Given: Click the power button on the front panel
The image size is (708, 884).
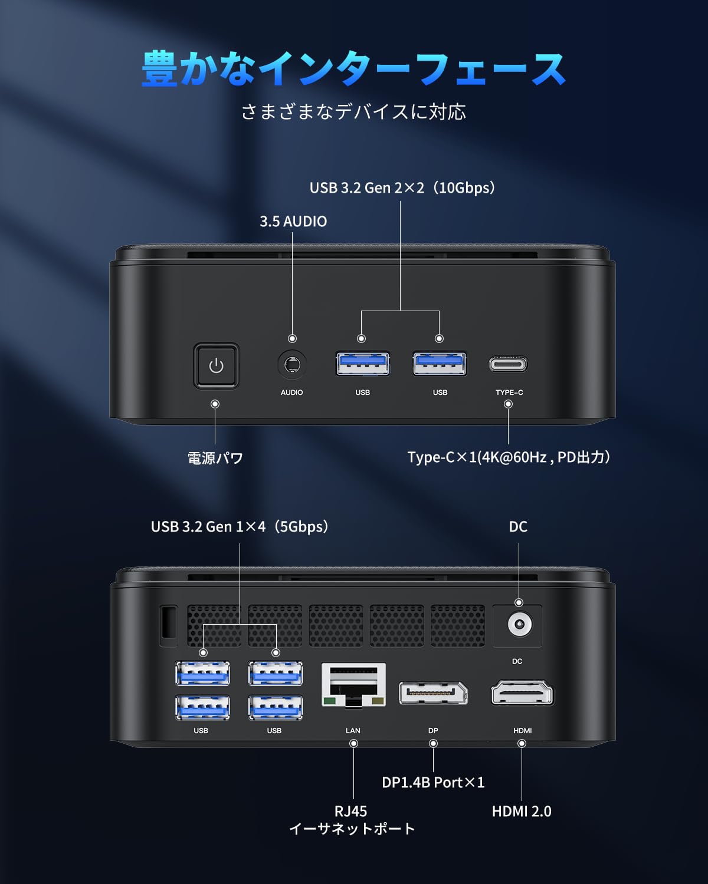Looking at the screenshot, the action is click(x=217, y=365).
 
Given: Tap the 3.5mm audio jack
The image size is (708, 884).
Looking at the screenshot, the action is click(x=292, y=364).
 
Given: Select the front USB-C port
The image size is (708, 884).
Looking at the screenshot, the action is click(x=508, y=364).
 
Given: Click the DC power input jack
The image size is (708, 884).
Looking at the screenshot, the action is click(x=520, y=625).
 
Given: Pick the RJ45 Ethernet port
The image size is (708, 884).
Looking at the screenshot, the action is click(x=354, y=685).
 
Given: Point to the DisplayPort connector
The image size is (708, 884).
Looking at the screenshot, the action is click(x=433, y=693).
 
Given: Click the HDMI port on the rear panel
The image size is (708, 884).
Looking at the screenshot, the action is click(x=522, y=692).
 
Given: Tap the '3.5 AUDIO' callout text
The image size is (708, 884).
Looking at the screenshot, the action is click(x=293, y=222).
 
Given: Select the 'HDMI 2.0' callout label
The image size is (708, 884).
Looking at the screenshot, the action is click(x=522, y=812).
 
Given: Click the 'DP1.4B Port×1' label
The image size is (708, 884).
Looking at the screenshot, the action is click(x=433, y=783).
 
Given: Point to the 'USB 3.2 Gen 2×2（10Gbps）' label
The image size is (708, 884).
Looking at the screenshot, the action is click(x=403, y=188).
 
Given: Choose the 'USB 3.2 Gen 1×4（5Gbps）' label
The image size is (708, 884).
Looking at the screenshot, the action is click(x=240, y=527).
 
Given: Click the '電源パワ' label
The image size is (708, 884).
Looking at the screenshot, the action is click(x=215, y=457).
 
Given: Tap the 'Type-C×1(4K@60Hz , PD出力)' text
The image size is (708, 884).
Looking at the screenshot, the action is click(x=509, y=457).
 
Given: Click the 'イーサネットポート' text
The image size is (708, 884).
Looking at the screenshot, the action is click(x=352, y=829).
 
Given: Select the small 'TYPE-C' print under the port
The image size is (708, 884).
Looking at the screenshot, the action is click(x=509, y=392).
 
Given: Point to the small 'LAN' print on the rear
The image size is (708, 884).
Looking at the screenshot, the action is click(x=353, y=730).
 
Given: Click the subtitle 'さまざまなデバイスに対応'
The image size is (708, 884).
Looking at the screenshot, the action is click(x=354, y=112).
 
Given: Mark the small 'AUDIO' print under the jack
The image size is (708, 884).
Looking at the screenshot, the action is click(x=291, y=392).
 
